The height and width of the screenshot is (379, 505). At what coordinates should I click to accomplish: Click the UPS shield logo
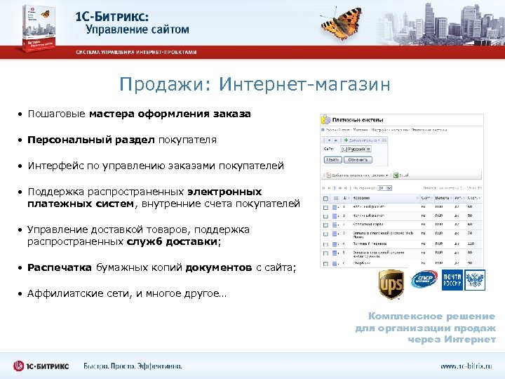[x=391, y=284]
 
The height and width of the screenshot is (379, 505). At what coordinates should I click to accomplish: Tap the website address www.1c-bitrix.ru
[x=466, y=366]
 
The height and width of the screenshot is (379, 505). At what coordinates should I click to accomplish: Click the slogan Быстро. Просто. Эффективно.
[x=133, y=366]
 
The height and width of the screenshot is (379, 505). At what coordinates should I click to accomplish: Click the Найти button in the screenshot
[x=332, y=160]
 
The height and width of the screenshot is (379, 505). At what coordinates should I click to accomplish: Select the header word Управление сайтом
[x=137, y=29]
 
